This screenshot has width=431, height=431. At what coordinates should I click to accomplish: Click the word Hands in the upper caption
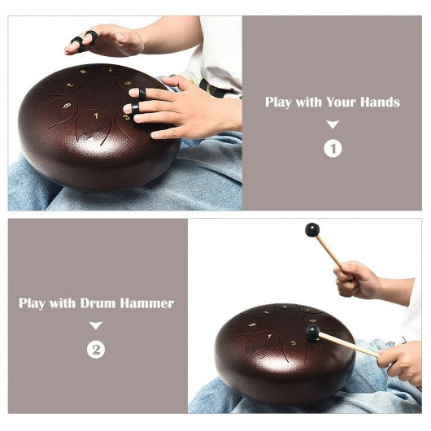[x=380, y=102]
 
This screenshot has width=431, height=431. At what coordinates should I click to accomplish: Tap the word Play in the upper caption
[x=278, y=102]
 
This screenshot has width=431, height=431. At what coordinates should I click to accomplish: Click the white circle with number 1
[x=333, y=149]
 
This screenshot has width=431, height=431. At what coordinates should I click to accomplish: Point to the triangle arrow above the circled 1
[x=333, y=124]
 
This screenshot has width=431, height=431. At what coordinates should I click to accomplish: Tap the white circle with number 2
[x=96, y=350]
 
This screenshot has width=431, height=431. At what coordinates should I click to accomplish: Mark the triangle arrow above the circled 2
[x=96, y=325]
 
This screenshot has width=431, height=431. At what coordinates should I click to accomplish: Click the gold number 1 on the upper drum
[x=96, y=116]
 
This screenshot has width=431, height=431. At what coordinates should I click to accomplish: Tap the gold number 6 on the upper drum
[x=67, y=106]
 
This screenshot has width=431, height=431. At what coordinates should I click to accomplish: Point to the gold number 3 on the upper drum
[x=126, y=117]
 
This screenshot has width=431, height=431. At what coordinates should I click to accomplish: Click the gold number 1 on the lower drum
[x=270, y=336]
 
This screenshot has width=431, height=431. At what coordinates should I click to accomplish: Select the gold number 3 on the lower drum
[x=294, y=342]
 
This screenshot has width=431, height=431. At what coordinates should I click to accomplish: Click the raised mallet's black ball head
[x=312, y=230]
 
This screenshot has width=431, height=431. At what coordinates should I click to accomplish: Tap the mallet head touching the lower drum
[x=312, y=333]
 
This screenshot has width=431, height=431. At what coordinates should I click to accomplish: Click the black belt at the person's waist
[x=217, y=87]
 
